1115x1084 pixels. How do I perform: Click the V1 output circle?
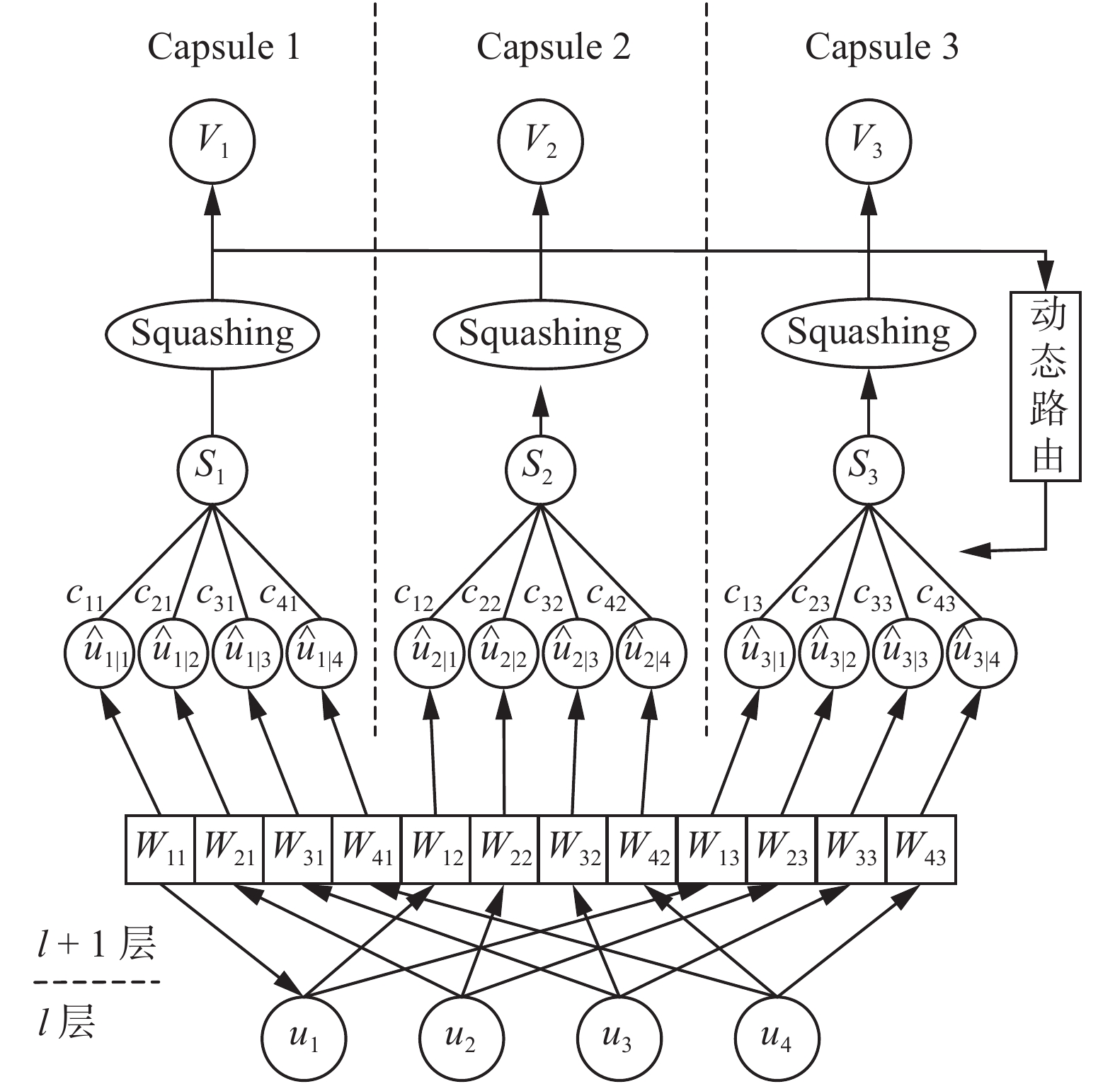click(x=212, y=142)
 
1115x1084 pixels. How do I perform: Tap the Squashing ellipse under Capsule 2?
click(x=540, y=333)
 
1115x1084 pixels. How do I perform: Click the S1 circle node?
click(x=212, y=469)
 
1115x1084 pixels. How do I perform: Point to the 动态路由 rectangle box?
click(x=1046, y=386)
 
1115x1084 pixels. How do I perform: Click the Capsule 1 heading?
click(x=224, y=47)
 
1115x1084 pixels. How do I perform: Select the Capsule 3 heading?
click(x=881, y=47)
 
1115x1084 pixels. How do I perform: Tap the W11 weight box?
click(x=160, y=849)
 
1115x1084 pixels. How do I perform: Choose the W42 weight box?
click(x=643, y=849)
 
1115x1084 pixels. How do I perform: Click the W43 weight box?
click(x=920, y=849)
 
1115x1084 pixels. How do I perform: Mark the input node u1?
click(x=304, y=1039)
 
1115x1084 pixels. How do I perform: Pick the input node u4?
click(x=777, y=1039)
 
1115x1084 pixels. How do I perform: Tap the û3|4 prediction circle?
click(x=982, y=654)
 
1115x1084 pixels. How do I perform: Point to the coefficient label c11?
click(x=85, y=596)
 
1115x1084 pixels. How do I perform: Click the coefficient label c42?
click(x=607, y=596)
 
